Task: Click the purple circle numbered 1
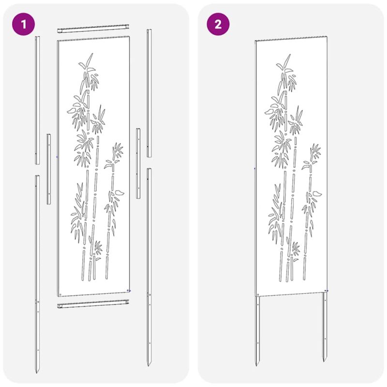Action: coord(23,24)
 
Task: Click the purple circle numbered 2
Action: coord(218,24)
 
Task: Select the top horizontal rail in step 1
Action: coord(93,29)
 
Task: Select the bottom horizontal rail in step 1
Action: coord(93,304)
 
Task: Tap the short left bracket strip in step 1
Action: coord(49,169)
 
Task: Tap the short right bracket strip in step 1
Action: coord(138,164)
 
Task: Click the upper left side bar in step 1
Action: coord(37,100)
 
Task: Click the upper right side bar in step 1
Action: coord(149,93)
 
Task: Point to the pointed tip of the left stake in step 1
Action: coord(37,372)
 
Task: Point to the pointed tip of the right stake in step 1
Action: coord(149,366)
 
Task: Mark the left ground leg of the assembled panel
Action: coord(257,331)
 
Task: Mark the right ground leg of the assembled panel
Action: coord(325,327)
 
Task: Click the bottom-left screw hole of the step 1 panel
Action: coord(60,295)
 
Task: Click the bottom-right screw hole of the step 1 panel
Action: coord(128,291)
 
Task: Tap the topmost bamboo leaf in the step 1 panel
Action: coord(89,59)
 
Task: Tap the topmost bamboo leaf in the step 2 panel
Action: coord(287,60)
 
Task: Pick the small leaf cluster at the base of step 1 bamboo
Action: coord(98,248)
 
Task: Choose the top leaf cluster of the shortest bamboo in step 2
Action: coord(315,151)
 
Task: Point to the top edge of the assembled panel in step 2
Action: coord(291,39)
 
